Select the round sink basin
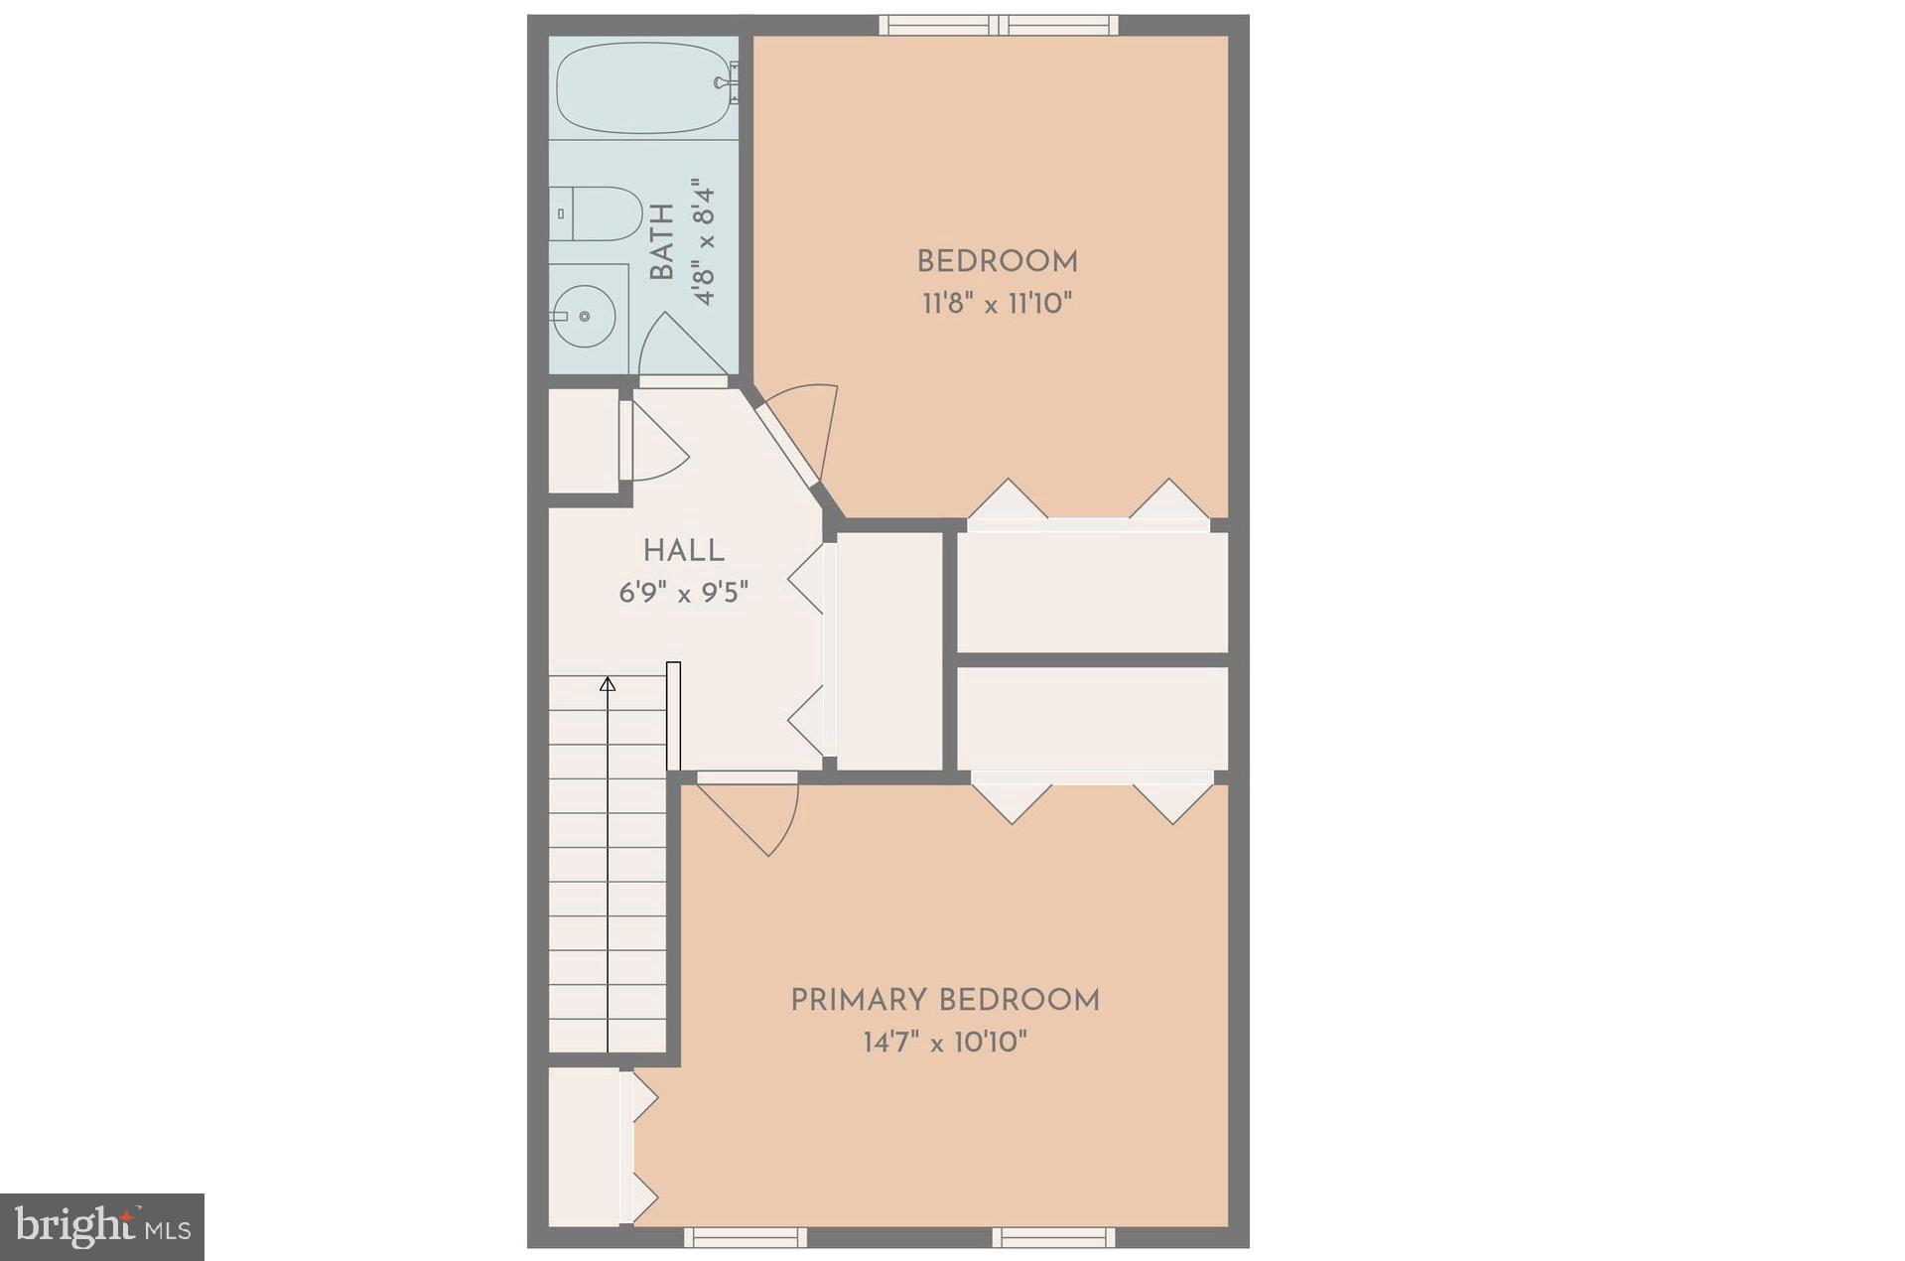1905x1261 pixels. pos(584,316)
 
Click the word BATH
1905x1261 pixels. pos(662,241)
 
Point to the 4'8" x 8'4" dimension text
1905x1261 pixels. pos(704,241)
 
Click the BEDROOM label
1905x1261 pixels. pos(997,262)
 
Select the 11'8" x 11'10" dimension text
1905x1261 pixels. pos(997,304)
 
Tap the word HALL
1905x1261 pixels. pos(683,551)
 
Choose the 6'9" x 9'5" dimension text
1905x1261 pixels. pos(683,594)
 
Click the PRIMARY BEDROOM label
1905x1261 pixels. pos(944,1000)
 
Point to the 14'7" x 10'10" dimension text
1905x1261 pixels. pos(944,1043)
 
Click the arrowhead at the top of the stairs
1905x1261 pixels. pos(608,684)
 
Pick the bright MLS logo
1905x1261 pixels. pos(102,1227)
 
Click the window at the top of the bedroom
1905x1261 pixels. pos(999,25)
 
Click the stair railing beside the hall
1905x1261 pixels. pos(673,715)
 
